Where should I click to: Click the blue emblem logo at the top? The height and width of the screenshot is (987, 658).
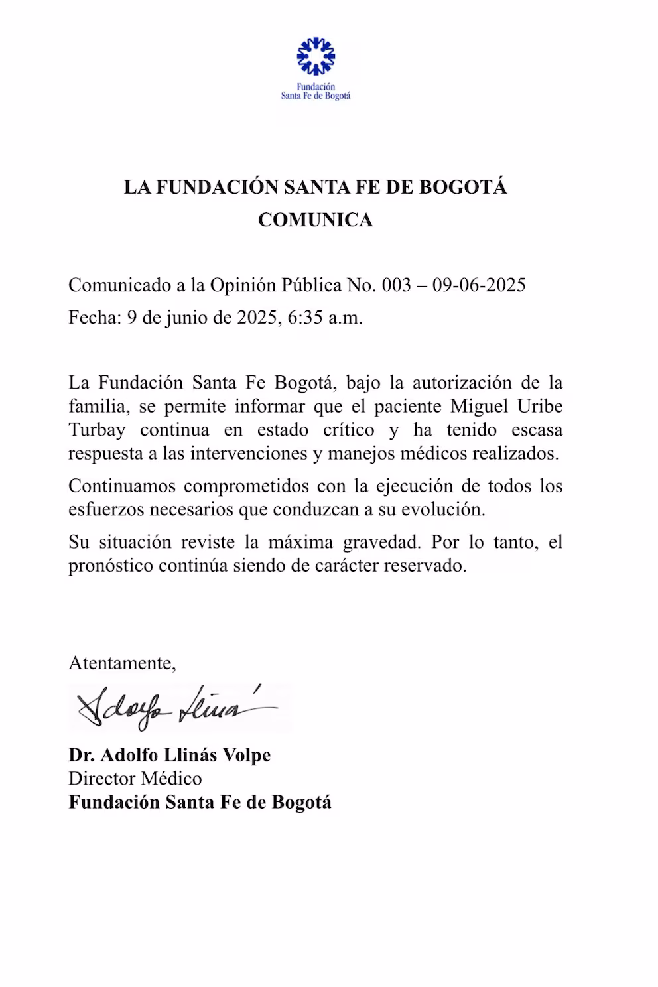pos(316,56)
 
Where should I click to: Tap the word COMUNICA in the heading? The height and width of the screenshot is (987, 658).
pos(315,220)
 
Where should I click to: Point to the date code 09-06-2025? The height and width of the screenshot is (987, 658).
pos(479,285)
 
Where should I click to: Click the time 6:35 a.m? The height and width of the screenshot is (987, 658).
pos(325,318)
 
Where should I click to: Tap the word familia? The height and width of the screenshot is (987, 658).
pos(93,406)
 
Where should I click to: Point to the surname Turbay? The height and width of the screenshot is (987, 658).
pos(97,430)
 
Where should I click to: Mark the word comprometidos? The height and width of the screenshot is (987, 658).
pos(246,486)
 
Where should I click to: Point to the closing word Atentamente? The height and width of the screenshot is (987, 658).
pos(122,663)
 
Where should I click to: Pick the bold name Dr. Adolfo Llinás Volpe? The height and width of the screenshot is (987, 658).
pos(170,755)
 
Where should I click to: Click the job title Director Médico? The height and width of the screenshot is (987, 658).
pos(135,778)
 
